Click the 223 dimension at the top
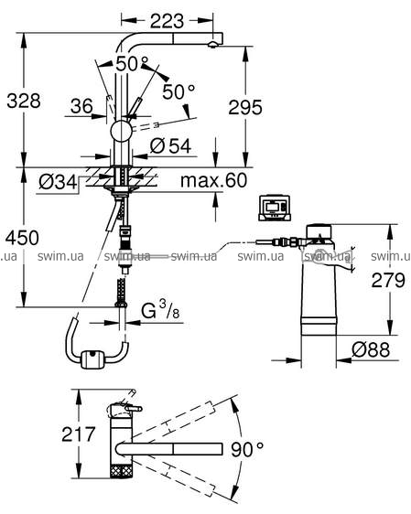[167, 21]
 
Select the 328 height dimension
[24, 101]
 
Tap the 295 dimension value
[245, 107]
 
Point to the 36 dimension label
[82, 106]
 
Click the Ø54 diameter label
[170, 145]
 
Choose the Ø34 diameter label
[58, 182]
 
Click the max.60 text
[213, 180]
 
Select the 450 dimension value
[22, 238]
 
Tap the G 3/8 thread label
[160, 310]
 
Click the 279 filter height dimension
[388, 280]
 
